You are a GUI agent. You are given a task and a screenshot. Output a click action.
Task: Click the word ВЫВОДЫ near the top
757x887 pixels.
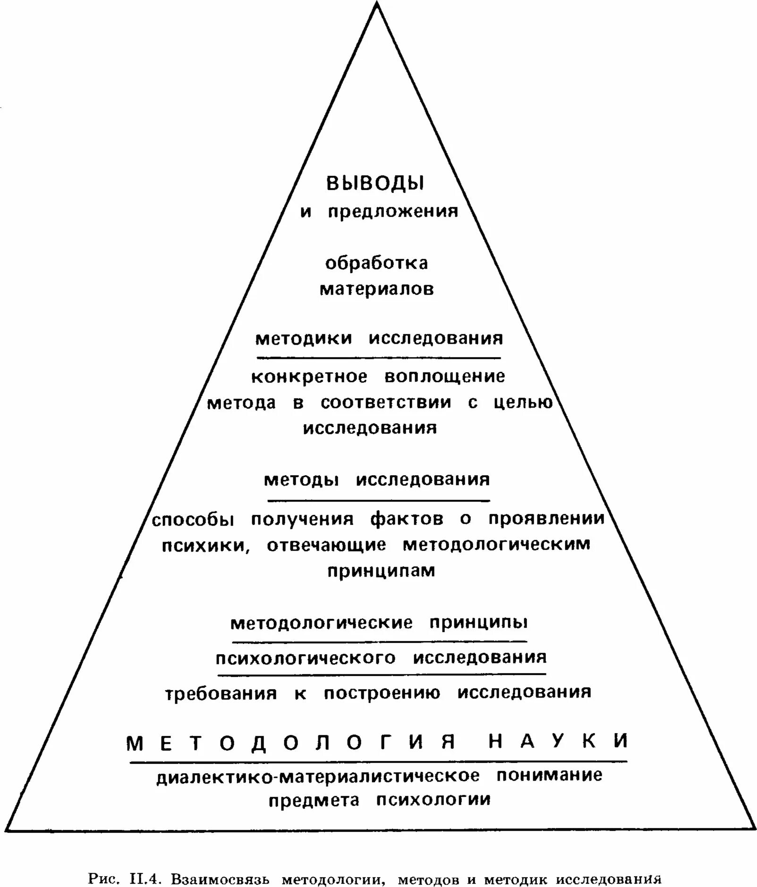click(375, 184)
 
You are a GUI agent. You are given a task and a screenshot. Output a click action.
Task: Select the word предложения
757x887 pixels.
click(393, 212)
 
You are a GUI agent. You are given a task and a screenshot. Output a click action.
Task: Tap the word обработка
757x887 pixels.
click(376, 263)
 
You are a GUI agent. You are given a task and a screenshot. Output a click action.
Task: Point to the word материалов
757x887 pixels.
click(376, 289)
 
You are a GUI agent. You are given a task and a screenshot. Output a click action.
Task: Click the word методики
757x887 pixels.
click(304, 339)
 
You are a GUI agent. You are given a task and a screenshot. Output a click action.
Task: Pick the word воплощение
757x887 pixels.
click(444, 377)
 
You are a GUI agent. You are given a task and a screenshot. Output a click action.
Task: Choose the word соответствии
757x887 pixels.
click(386, 403)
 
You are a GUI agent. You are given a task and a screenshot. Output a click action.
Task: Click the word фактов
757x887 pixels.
click(407, 519)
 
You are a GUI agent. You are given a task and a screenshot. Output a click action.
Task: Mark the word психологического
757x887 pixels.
click(306, 658)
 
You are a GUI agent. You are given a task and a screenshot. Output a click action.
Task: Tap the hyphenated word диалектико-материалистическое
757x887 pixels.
click(318, 776)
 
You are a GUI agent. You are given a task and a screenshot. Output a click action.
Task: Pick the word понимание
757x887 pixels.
click(549, 775)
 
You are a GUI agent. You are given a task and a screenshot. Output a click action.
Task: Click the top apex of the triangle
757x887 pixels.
click(376, 4)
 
